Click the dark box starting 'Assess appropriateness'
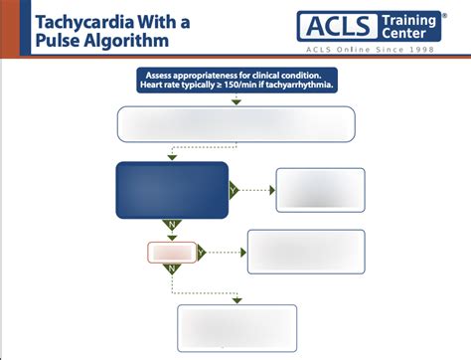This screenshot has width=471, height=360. point(235,82)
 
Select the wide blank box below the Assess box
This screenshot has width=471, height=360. point(235,125)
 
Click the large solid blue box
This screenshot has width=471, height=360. point(172,190)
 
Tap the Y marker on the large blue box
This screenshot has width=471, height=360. point(234,191)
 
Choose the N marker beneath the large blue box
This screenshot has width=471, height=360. point(172,225)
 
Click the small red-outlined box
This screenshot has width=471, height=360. point(172,253)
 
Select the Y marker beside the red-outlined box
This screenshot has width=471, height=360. point(202,253)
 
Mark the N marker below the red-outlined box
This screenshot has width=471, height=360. point(172,269)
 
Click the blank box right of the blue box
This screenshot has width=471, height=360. point(320,190)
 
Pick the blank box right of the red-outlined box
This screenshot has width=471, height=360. point(306,252)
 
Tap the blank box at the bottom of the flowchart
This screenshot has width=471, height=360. point(235,328)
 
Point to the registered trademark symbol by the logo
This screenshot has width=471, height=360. point(443,14)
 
